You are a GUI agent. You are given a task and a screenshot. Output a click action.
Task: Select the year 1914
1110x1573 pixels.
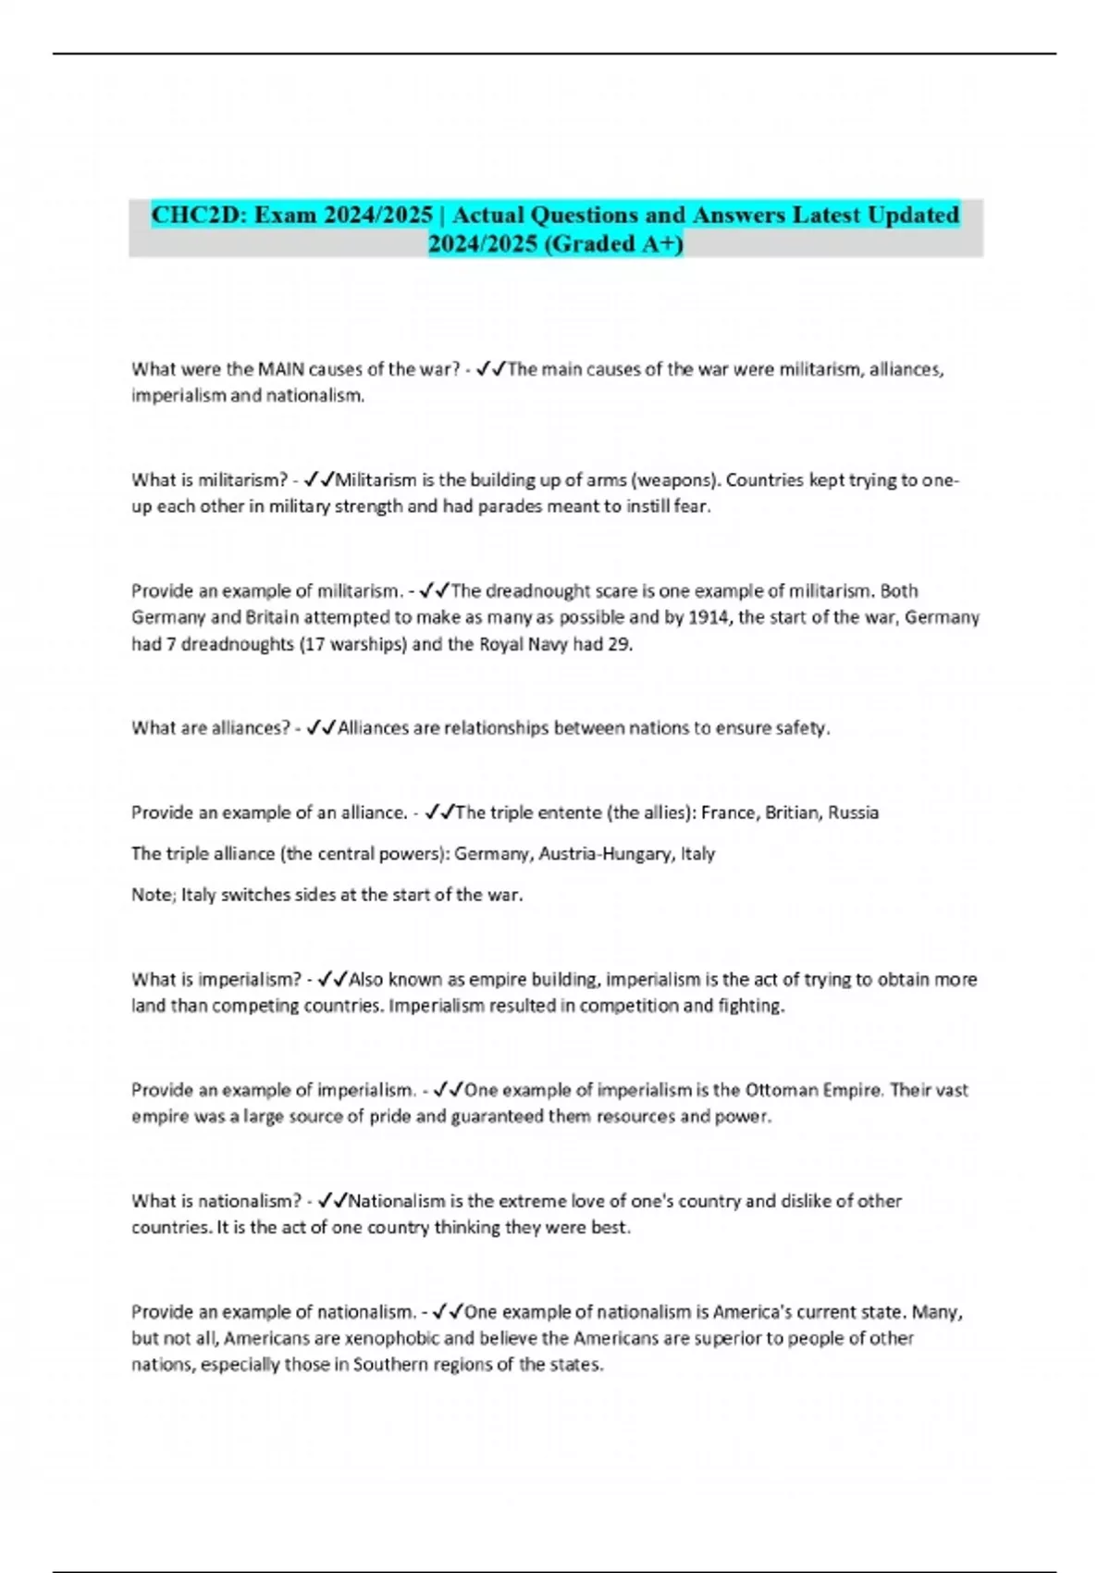(x=709, y=617)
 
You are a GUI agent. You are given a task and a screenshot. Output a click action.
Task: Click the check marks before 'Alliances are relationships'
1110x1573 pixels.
(x=320, y=728)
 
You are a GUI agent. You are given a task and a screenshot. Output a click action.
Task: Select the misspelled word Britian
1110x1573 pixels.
(x=792, y=812)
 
